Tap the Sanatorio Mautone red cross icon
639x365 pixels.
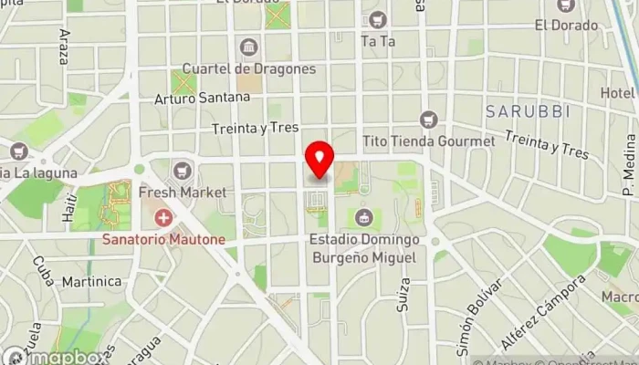(x=164, y=217)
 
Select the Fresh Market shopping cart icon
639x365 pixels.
(x=183, y=170)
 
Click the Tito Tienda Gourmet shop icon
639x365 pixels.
(x=428, y=120)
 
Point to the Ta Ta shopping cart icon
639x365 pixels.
(x=378, y=19)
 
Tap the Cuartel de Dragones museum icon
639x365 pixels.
(x=248, y=47)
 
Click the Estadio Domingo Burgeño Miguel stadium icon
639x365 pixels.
(x=363, y=217)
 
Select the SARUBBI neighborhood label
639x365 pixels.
(x=528, y=111)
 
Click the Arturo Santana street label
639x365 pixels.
(x=202, y=97)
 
